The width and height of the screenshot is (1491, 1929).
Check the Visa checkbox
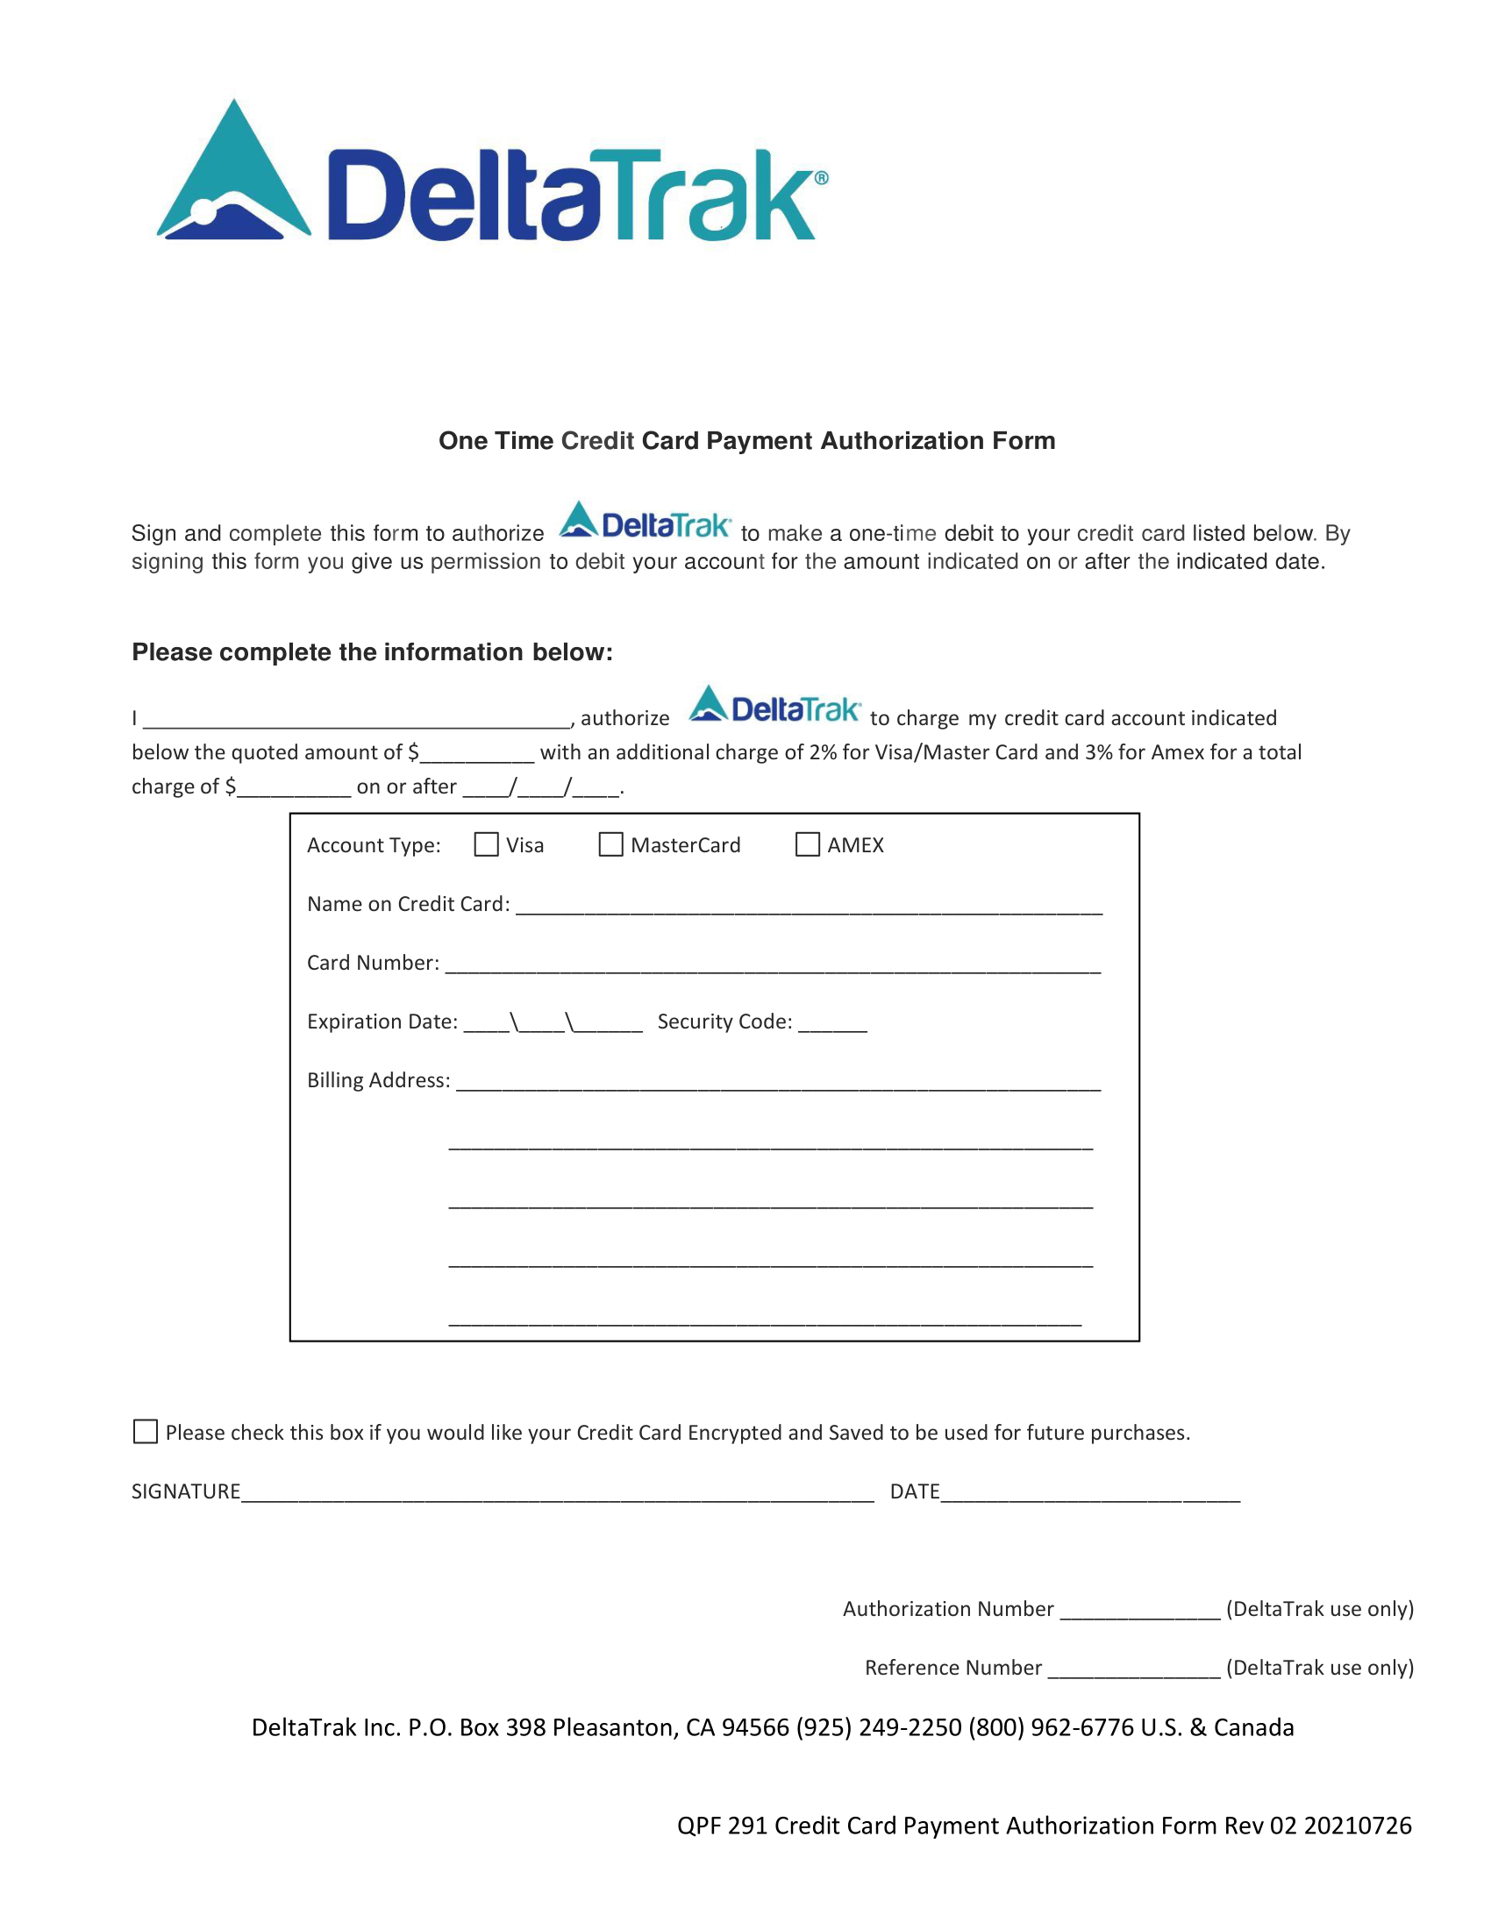tap(486, 844)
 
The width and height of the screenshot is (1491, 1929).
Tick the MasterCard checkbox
tap(610, 844)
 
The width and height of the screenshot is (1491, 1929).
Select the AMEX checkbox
tap(807, 844)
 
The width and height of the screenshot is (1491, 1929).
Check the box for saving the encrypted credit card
tap(145, 1431)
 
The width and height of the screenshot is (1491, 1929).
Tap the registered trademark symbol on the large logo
tap(821, 177)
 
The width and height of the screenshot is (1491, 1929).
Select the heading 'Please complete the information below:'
tap(372, 651)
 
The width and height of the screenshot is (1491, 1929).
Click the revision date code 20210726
tap(1358, 1826)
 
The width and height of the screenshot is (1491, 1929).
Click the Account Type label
tap(374, 845)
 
